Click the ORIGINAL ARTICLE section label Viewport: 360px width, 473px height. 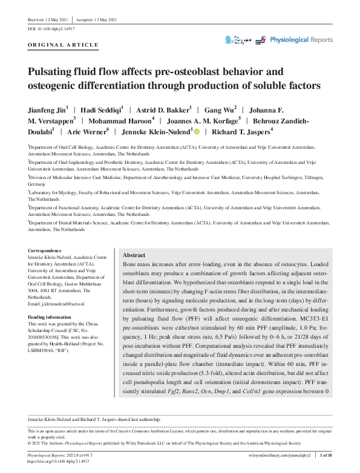[x=63, y=45]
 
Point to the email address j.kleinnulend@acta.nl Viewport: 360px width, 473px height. [x=56, y=304]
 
